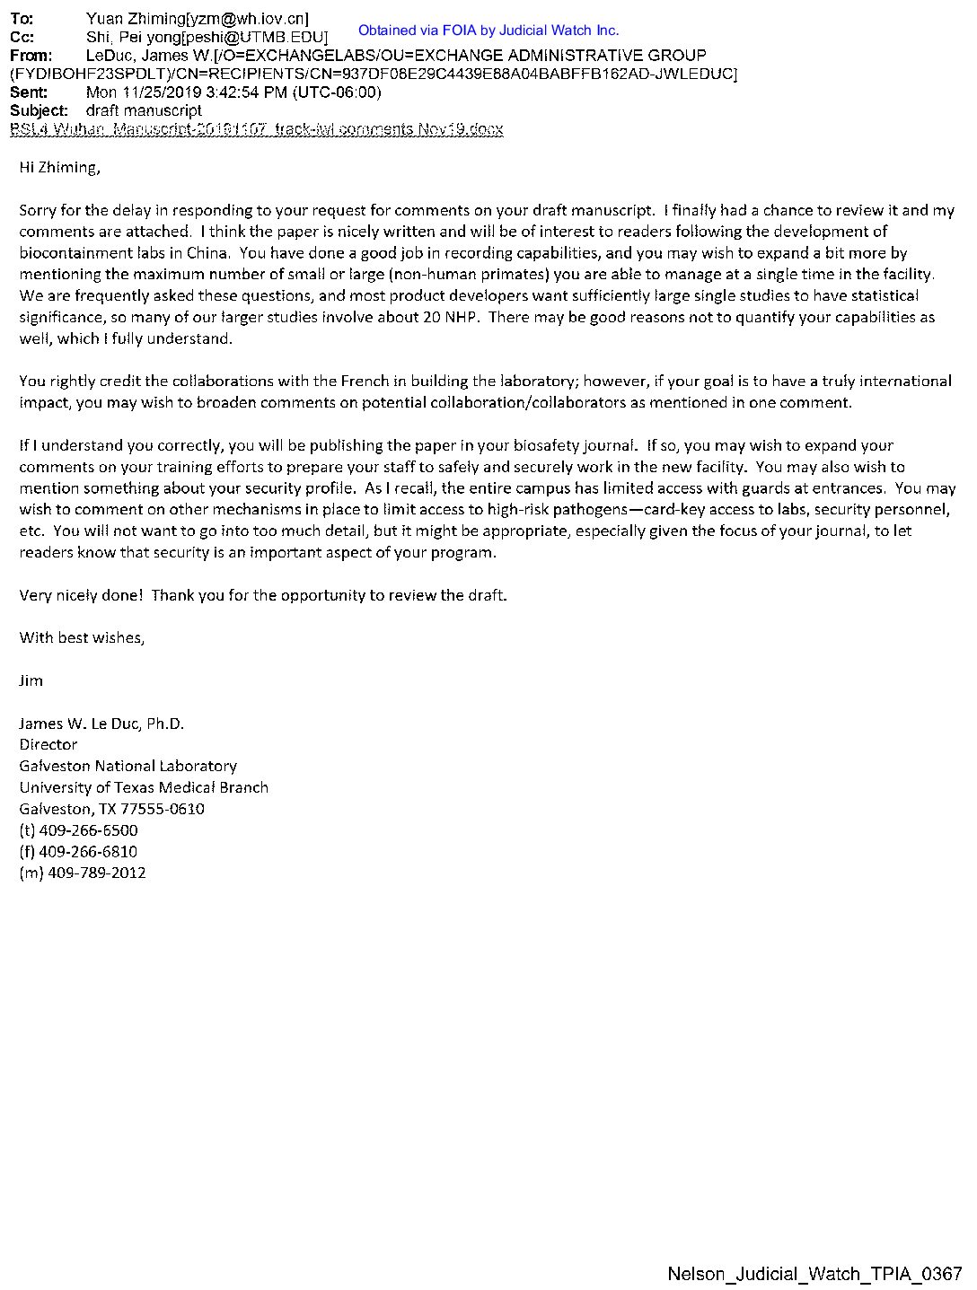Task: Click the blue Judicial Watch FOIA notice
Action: [x=488, y=31]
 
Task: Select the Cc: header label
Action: [x=22, y=37]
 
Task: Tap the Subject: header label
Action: [x=39, y=110]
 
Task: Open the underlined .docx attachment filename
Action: [x=256, y=129]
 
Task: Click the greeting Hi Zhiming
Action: [x=59, y=168]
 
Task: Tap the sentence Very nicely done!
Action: [x=81, y=595]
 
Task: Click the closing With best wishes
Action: [x=82, y=638]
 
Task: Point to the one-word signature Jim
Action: [x=31, y=680]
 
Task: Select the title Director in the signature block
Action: [x=48, y=744]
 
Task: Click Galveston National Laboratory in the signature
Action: [x=128, y=766]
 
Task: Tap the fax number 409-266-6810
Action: [x=88, y=851]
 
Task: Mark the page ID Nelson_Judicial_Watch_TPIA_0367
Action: [x=814, y=1274]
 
